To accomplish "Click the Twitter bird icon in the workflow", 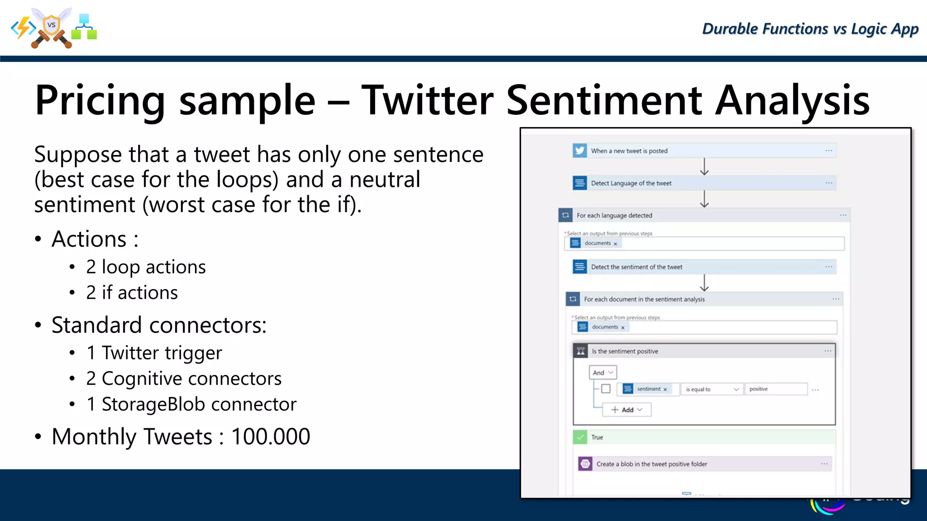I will [580, 151].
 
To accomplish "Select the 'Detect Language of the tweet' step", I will [631, 183].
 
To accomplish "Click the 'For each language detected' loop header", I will [614, 215].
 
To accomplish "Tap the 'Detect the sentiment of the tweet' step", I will [636, 267].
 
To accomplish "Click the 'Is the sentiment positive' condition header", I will [625, 351].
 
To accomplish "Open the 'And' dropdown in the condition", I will [603, 372].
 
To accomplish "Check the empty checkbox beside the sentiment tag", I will [606, 388].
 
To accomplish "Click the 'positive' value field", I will [775, 389].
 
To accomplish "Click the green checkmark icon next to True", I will [580, 437].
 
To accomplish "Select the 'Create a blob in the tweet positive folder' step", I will [651, 464].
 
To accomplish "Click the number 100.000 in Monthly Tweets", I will [271, 436].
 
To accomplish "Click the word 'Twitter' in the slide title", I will [427, 100].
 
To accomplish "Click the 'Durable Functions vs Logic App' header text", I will [810, 29].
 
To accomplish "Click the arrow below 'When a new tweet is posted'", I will [704, 166].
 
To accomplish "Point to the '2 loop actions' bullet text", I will [146, 267].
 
